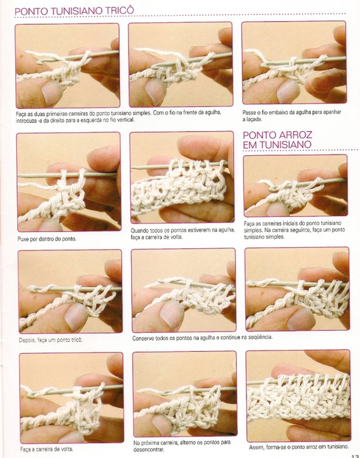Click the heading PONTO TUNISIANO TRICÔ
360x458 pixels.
coord(74,11)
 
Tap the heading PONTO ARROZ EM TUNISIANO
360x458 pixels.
coord(277,140)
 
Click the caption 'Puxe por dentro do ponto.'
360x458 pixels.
coord(47,239)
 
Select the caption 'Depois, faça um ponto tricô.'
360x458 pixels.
coord(51,340)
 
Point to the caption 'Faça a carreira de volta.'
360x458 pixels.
coord(47,449)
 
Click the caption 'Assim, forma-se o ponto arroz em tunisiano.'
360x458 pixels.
coord(299,447)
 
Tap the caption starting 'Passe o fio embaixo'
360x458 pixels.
coord(292,116)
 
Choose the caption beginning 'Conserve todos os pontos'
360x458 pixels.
coord(203,337)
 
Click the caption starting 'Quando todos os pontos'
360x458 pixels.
coord(183,234)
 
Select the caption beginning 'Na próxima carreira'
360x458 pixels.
coord(182,446)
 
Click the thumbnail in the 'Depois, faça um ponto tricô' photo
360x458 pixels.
coord(75,316)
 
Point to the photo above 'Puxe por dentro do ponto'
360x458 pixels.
coord(69,181)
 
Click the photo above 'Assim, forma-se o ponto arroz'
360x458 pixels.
coord(298,396)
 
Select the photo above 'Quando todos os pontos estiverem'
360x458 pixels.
coord(182,178)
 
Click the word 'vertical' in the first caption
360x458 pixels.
coord(126,120)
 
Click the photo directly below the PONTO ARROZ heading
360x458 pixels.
coord(296,185)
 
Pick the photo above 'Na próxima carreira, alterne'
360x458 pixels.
coord(185,394)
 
